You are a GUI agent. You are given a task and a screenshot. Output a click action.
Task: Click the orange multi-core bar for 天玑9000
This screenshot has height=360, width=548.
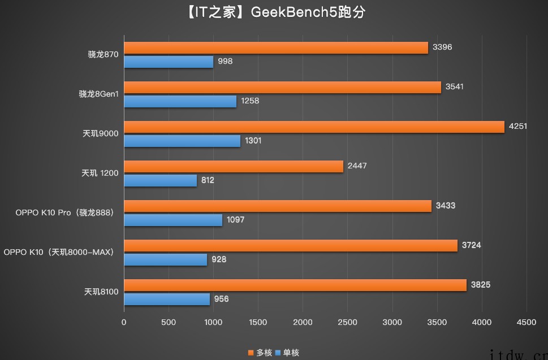pyautogui.click(x=314, y=127)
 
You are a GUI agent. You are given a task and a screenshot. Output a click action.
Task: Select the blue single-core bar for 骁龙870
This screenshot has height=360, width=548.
pyautogui.click(x=169, y=62)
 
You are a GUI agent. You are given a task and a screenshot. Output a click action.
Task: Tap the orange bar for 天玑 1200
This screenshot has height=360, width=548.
pyautogui.click(x=234, y=167)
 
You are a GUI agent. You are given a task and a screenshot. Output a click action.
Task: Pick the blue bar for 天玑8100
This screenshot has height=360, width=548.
pyautogui.click(x=167, y=299)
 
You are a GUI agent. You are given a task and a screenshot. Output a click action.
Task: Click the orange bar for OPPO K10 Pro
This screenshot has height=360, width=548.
pyautogui.click(x=278, y=206)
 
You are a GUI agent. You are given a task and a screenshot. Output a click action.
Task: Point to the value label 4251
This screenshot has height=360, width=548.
pyautogui.click(x=517, y=127)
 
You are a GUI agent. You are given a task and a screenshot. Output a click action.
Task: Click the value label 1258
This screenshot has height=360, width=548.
pyautogui.click(x=249, y=101)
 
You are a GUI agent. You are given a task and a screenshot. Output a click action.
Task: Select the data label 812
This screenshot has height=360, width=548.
pyautogui.click(x=207, y=180)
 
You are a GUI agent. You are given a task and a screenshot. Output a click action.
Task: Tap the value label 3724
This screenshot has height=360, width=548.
pyautogui.click(x=471, y=245)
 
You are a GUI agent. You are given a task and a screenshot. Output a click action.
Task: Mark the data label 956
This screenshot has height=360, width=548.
pyautogui.click(x=221, y=299)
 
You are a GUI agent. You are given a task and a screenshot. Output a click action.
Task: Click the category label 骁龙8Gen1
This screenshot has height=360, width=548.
pyautogui.click(x=98, y=94)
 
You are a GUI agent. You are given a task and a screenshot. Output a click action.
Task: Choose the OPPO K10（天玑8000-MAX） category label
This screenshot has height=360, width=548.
pyautogui.click(x=59, y=252)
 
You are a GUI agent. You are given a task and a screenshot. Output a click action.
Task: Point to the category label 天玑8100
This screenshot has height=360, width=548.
pyautogui.click(x=101, y=292)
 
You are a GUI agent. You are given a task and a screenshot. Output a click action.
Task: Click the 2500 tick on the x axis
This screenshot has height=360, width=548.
pyautogui.click(x=347, y=323)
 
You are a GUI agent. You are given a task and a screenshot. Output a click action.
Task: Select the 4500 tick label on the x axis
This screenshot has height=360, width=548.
pyautogui.click(x=526, y=323)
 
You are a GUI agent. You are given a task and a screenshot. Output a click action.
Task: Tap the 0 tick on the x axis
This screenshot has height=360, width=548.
pyautogui.click(x=124, y=323)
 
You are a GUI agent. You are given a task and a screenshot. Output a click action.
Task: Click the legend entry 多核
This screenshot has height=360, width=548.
pyautogui.click(x=261, y=353)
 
